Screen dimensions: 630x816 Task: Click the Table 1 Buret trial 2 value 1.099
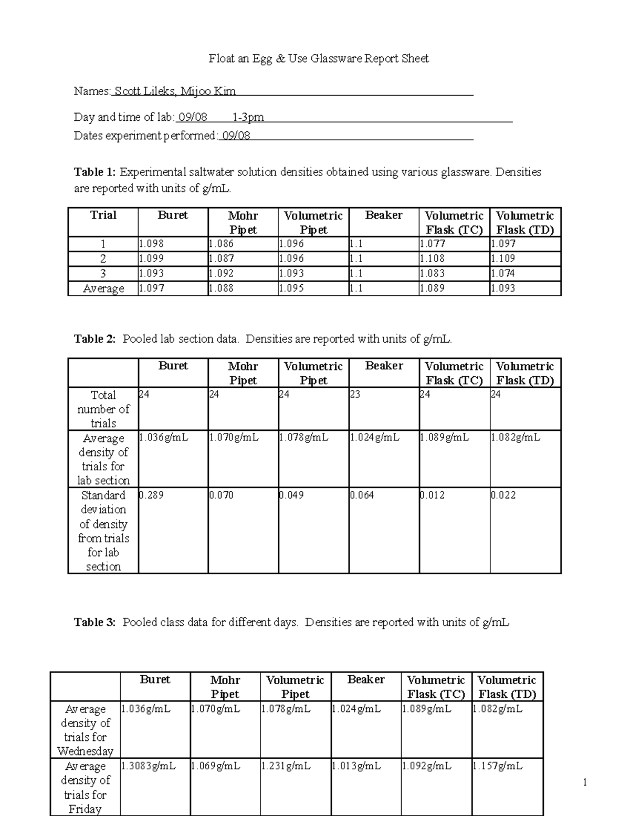152,259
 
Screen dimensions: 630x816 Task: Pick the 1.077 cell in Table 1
433,244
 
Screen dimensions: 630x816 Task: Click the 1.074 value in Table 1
503,273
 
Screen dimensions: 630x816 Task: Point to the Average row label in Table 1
103,288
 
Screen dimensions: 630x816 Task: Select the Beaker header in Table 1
384,215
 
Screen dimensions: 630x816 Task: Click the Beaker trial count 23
355,394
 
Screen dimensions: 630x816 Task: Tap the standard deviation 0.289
152,495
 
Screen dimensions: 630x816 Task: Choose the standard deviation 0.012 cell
433,495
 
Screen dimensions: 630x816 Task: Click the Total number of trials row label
103,409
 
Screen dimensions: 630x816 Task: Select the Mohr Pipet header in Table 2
243,373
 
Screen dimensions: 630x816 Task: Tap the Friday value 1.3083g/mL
149,766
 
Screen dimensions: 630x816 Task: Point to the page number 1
585,783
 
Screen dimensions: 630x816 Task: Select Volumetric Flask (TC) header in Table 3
436,687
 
